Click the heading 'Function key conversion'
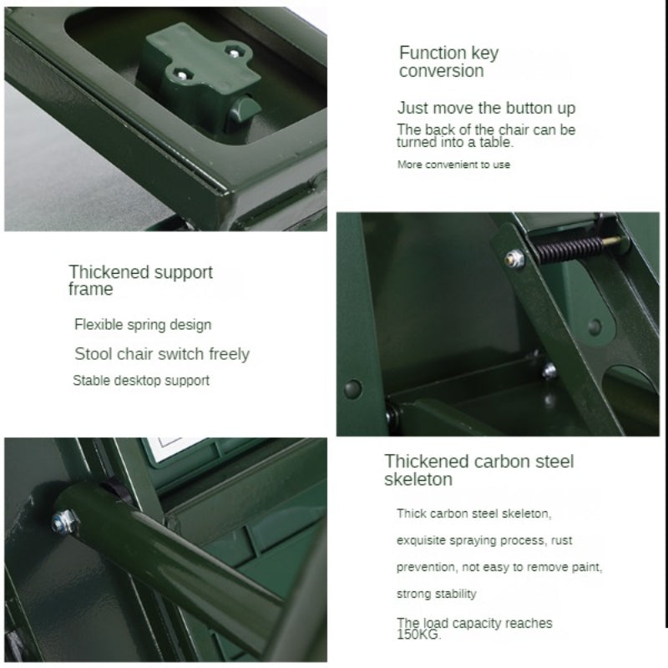click(448, 62)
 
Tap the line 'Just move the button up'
click(486, 109)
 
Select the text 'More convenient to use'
click(453, 164)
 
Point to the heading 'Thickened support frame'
click(140, 280)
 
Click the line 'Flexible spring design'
click(143, 325)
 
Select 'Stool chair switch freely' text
click(162, 354)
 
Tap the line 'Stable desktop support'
click(141, 381)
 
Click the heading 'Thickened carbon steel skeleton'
click(478, 470)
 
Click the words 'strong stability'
click(436, 594)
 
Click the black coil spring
click(569, 248)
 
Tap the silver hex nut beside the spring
click(514, 259)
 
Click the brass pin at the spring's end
click(615, 241)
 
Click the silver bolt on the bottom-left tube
click(63, 521)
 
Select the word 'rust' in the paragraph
click(561, 540)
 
